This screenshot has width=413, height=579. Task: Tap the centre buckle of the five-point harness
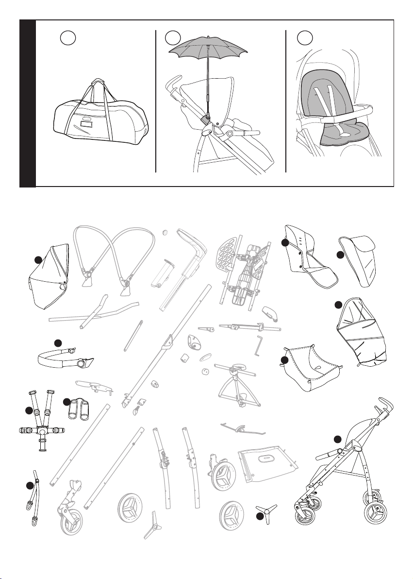point(43,431)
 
